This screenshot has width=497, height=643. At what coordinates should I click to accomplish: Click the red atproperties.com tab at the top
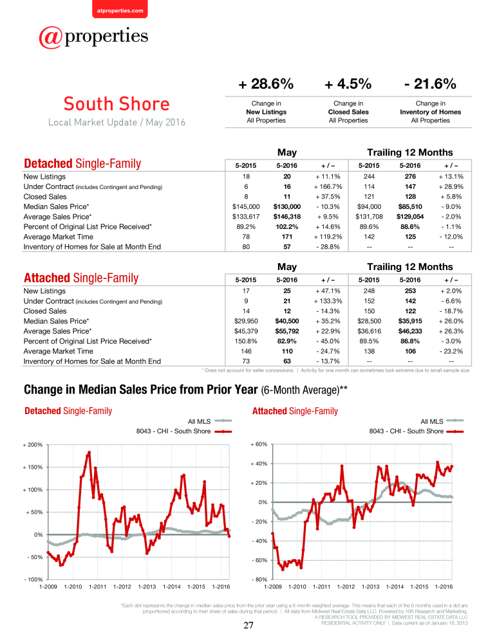click(x=120, y=9)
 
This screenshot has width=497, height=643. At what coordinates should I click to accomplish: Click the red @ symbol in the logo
click(x=50, y=37)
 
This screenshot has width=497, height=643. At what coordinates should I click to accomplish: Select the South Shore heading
click(x=117, y=104)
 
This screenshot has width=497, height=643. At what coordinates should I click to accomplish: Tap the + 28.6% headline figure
click(x=266, y=84)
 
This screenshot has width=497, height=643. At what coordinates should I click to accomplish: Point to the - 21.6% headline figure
click(x=430, y=84)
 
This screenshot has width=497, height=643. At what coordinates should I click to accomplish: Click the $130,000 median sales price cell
click(x=287, y=206)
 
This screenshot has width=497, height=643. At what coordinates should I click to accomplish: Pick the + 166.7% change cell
click(x=328, y=186)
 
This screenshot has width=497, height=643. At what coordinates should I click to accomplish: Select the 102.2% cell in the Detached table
click(x=287, y=227)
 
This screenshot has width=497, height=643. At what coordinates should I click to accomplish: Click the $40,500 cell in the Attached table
click(x=287, y=321)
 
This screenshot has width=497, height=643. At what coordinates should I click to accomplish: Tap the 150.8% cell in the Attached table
click(x=246, y=341)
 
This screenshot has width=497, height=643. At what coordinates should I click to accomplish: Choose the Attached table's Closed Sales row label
click(x=45, y=311)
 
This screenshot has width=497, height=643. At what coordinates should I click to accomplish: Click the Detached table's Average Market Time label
click(x=59, y=237)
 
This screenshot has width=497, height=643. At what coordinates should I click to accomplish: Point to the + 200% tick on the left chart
click(x=32, y=445)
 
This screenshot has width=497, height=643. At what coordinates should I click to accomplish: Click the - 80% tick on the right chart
click(x=259, y=580)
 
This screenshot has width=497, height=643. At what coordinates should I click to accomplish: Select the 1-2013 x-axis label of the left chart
click(x=147, y=587)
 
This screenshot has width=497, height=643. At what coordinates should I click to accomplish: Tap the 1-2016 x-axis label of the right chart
click(x=444, y=587)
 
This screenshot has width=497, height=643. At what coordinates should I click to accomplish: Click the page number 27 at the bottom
click(x=248, y=625)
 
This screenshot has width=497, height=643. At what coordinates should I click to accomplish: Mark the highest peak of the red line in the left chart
click(x=89, y=452)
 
